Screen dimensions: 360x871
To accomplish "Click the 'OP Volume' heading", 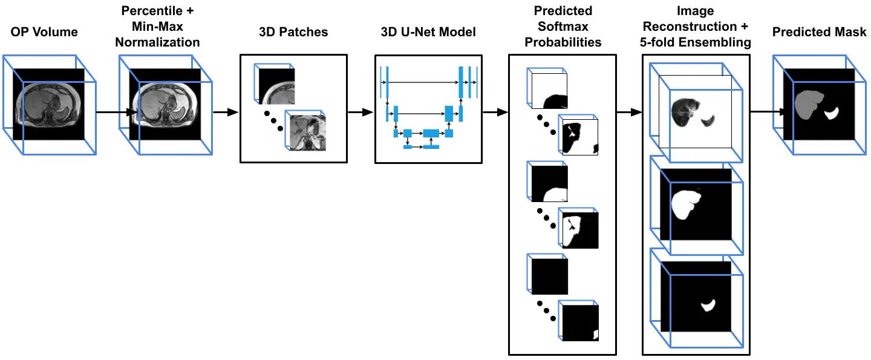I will (44, 32).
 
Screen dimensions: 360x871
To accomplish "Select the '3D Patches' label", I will (293, 32).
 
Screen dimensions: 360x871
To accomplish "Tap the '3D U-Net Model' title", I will (429, 32).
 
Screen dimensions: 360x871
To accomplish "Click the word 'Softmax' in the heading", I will (563, 27).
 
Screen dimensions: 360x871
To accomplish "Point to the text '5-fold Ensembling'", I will (696, 42).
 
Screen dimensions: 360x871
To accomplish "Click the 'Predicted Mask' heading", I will (819, 32).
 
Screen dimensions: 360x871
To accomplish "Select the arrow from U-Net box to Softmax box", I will (496, 112).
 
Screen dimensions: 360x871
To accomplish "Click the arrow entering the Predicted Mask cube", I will (765, 112).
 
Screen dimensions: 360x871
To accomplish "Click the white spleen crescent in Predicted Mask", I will (832, 113).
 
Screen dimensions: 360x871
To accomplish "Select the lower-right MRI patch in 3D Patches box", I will (307, 133).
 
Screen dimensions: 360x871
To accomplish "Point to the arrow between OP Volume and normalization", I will (112, 112).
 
